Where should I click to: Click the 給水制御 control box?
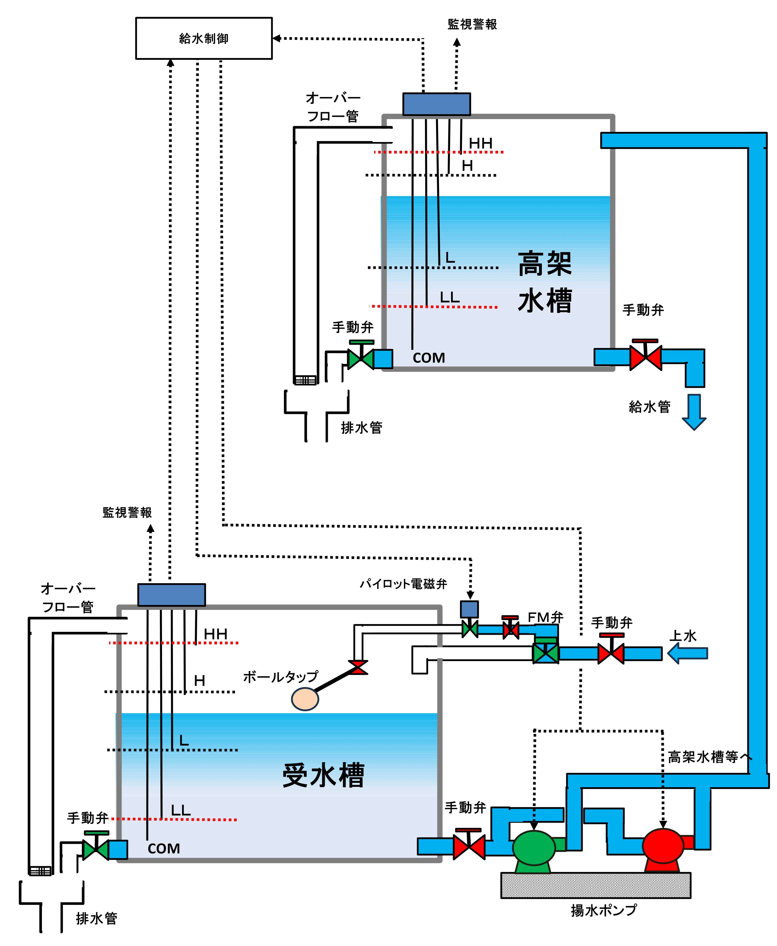204,38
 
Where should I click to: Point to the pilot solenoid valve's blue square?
470,610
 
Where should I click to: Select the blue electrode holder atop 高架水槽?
436,104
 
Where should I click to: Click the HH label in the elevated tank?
481,143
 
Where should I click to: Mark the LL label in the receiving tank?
181,810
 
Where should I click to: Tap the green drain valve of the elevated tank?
361,358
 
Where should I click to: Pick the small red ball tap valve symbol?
358,667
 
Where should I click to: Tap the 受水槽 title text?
323,776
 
